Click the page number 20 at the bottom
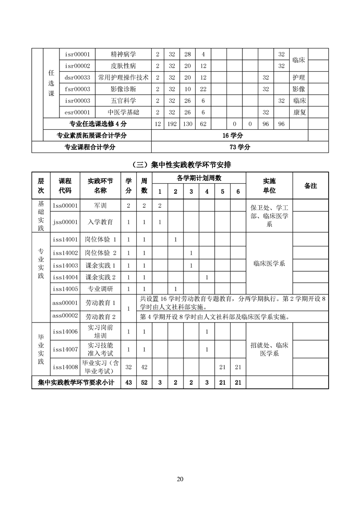click(180, 479)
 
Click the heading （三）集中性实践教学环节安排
click(180, 164)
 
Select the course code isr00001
click(77, 54)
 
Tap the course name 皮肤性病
click(123, 66)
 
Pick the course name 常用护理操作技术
click(123, 77)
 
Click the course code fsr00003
click(77, 89)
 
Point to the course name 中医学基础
click(123, 112)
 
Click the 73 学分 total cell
click(239, 147)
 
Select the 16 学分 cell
click(239, 135)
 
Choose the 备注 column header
click(311, 185)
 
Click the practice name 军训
click(100, 206)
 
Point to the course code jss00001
click(65, 222)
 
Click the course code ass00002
click(65, 316)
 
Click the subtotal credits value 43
click(128, 382)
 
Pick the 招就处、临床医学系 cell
click(269, 349)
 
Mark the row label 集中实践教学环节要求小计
click(76, 382)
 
